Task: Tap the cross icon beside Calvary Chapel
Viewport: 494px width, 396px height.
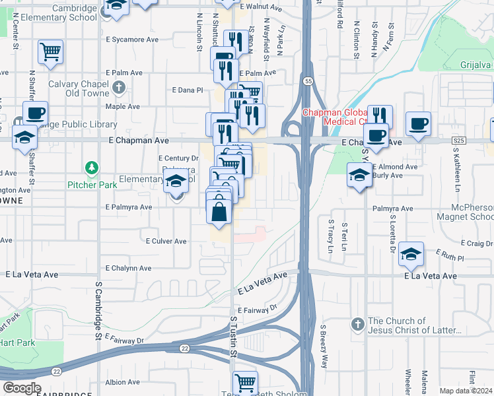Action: point(119,87)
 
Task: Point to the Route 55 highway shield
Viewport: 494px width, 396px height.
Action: point(309,81)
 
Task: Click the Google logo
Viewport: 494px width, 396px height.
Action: point(22,388)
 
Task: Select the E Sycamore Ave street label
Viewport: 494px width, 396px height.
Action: point(132,40)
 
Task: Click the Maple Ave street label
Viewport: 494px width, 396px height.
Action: point(122,106)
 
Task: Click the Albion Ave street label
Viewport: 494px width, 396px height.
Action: point(122,382)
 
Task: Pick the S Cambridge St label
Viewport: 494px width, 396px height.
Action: point(98,310)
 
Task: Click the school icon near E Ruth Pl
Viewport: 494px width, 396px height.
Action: point(410,255)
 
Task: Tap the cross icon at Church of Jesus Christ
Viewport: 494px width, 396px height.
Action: point(357,325)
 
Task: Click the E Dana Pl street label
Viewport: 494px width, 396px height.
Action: point(187,90)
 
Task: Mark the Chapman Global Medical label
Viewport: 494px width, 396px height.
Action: point(334,117)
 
